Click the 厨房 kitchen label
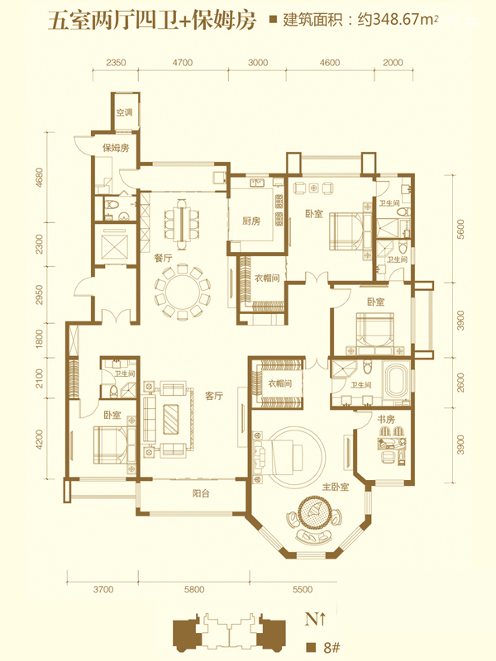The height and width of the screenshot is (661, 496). tap(251, 221)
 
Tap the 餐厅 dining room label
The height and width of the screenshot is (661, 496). tap(163, 258)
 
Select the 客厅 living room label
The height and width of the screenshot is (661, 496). tap(214, 396)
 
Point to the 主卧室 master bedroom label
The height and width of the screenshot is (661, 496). tap(336, 487)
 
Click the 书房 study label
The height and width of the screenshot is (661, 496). tap(386, 419)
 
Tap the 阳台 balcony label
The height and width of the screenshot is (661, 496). tap(201, 493)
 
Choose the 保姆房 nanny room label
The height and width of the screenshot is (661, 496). tap(116, 148)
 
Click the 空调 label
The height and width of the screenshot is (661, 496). tap(125, 112)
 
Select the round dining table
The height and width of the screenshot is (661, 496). tap(182, 290)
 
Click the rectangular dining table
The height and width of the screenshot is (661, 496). tap(182, 221)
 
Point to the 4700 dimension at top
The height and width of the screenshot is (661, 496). tap(182, 63)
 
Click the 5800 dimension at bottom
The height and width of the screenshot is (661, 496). tap(194, 589)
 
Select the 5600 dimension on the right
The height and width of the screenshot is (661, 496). tap(460, 229)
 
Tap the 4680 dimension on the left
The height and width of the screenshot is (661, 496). tap(39, 178)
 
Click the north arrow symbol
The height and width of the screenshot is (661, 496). tap(322, 619)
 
